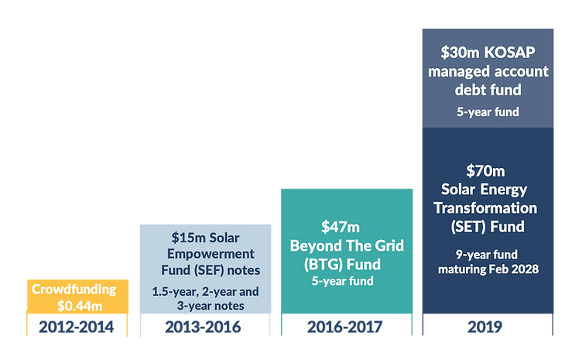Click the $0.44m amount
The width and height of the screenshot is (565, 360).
click(76, 304)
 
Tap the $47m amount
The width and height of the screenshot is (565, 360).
click(341, 227)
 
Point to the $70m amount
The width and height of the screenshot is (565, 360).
click(485, 170)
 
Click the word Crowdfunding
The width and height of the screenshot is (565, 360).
click(74, 290)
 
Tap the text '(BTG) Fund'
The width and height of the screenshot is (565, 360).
click(346, 263)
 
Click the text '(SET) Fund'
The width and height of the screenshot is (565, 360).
click(488, 227)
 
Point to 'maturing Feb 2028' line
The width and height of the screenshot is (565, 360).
click(486, 269)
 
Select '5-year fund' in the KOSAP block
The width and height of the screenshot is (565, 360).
click(486, 111)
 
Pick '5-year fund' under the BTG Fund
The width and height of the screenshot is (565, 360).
click(346, 280)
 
